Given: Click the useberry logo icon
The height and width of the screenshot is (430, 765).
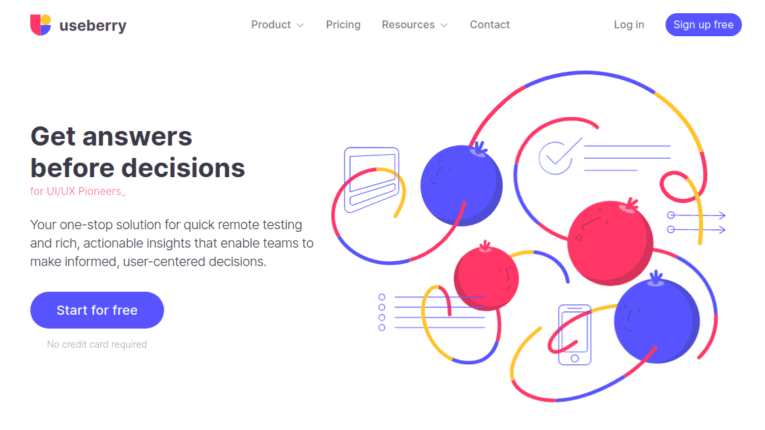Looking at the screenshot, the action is click(x=40, y=25).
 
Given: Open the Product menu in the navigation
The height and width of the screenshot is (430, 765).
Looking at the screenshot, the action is click(x=277, y=25).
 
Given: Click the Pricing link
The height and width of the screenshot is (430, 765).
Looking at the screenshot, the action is click(x=343, y=25).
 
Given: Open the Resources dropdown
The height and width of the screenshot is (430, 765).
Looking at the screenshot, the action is click(x=414, y=25).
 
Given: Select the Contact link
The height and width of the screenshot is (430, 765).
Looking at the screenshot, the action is click(x=490, y=25).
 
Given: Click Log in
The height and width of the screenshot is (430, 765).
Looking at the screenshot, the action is click(x=629, y=25).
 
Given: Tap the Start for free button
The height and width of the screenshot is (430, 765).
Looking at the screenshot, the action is click(x=97, y=310).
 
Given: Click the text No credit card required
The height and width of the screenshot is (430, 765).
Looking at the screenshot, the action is click(x=97, y=344).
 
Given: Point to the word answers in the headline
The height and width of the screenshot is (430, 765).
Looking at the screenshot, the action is click(x=137, y=136).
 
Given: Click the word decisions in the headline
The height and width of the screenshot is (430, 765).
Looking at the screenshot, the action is click(x=183, y=168).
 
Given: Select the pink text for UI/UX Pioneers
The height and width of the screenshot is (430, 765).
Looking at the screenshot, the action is click(x=78, y=191).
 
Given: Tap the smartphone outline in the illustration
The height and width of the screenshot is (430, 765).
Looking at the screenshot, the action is click(x=575, y=335).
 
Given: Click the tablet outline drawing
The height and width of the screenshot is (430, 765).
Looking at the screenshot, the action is click(x=372, y=179).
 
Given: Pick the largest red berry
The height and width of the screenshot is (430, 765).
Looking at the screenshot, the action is click(x=610, y=242).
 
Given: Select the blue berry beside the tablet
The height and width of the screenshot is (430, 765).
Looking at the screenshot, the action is click(x=461, y=184).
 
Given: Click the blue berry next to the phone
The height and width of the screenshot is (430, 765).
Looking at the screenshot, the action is click(x=657, y=320).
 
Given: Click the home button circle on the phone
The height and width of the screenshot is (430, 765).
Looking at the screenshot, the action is click(x=575, y=358).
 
